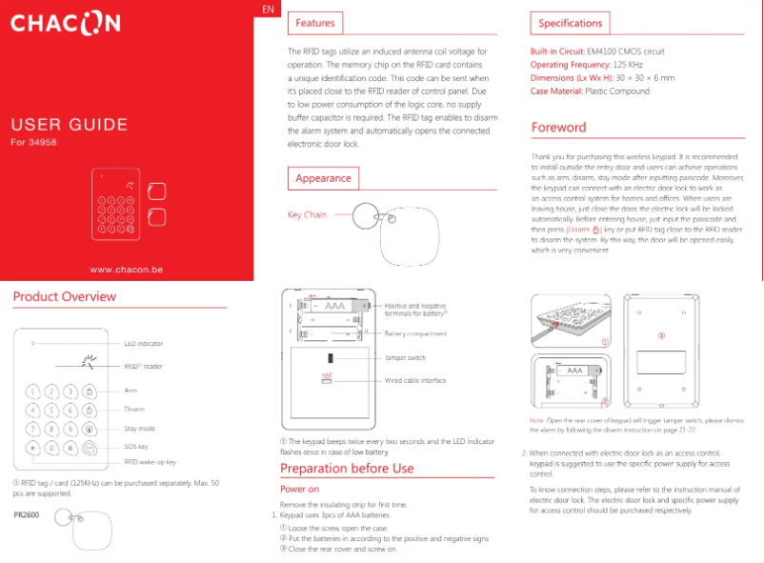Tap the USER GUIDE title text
click(x=69, y=125)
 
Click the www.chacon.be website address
click(x=127, y=270)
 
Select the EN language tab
click(x=269, y=9)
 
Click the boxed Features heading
click(x=314, y=23)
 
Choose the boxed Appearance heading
click(x=323, y=178)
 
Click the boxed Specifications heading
click(x=570, y=23)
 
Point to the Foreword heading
click(x=558, y=128)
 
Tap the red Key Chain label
click(x=307, y=215)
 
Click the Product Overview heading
click(x=65, y=297)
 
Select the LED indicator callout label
click(x=144, y=343)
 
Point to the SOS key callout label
click(x=136, y=446)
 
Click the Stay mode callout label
click(x=140, y=429)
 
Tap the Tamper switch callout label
click(x=405, y=358)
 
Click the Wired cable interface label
click(x=415, y=380)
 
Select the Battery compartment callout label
click(x=415, y=334)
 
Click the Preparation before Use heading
click(x=347, y=469)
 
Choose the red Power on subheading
click(x=299, y=489)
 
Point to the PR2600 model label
click(x=27, y=515)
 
